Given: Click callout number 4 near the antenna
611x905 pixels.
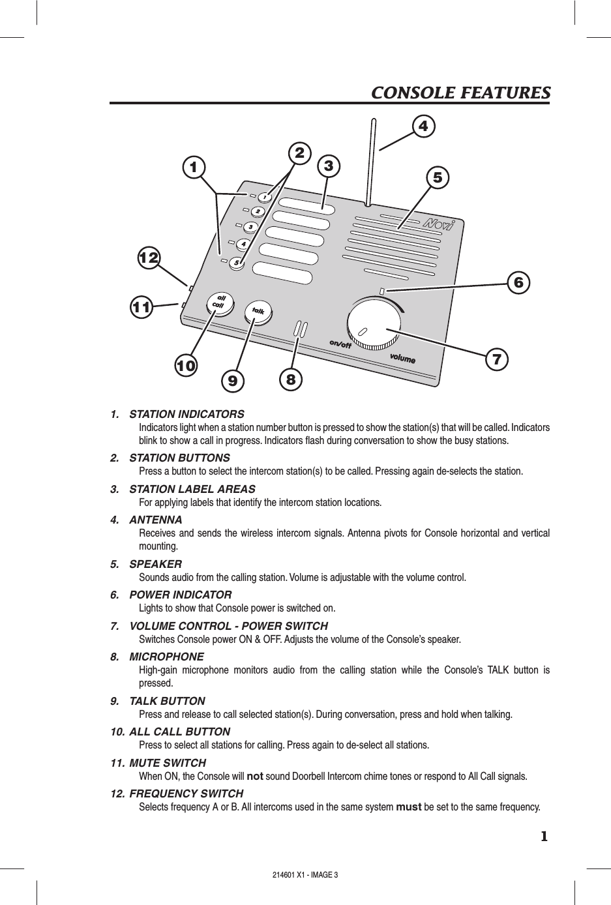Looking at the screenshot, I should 424,126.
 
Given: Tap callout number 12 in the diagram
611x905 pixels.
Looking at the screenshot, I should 149,258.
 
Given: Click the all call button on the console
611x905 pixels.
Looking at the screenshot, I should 217,304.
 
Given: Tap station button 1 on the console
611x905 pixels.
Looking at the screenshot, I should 264,197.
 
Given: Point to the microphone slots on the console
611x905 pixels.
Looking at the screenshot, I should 301,329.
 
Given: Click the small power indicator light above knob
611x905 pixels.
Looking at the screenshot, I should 383,291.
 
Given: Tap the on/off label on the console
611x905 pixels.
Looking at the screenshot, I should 340,344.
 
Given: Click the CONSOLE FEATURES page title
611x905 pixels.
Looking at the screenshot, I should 460,93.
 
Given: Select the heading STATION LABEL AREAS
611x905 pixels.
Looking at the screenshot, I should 192,489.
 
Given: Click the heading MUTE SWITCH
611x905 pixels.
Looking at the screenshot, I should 168,763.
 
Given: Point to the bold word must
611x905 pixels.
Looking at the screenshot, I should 408,808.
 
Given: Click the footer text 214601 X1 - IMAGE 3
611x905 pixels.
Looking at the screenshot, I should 305,874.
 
